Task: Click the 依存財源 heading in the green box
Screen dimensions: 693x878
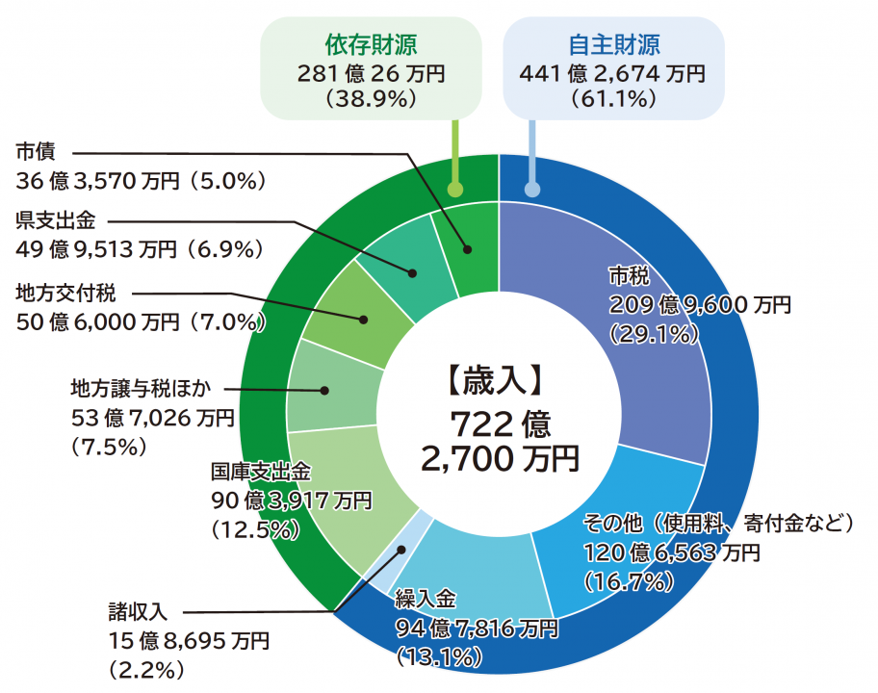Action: [371, 45]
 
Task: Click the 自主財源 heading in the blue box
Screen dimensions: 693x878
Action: [613, 45]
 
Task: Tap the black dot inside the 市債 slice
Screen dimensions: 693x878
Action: [469, 250]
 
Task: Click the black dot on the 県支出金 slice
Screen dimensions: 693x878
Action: [412, 273]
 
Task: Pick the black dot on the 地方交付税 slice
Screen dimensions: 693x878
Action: [364, 320]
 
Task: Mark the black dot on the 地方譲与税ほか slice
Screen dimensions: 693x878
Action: [325, 391]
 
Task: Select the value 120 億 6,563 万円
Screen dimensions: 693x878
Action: [672, 552]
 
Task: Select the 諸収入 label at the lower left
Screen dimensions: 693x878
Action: [139, 611]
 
